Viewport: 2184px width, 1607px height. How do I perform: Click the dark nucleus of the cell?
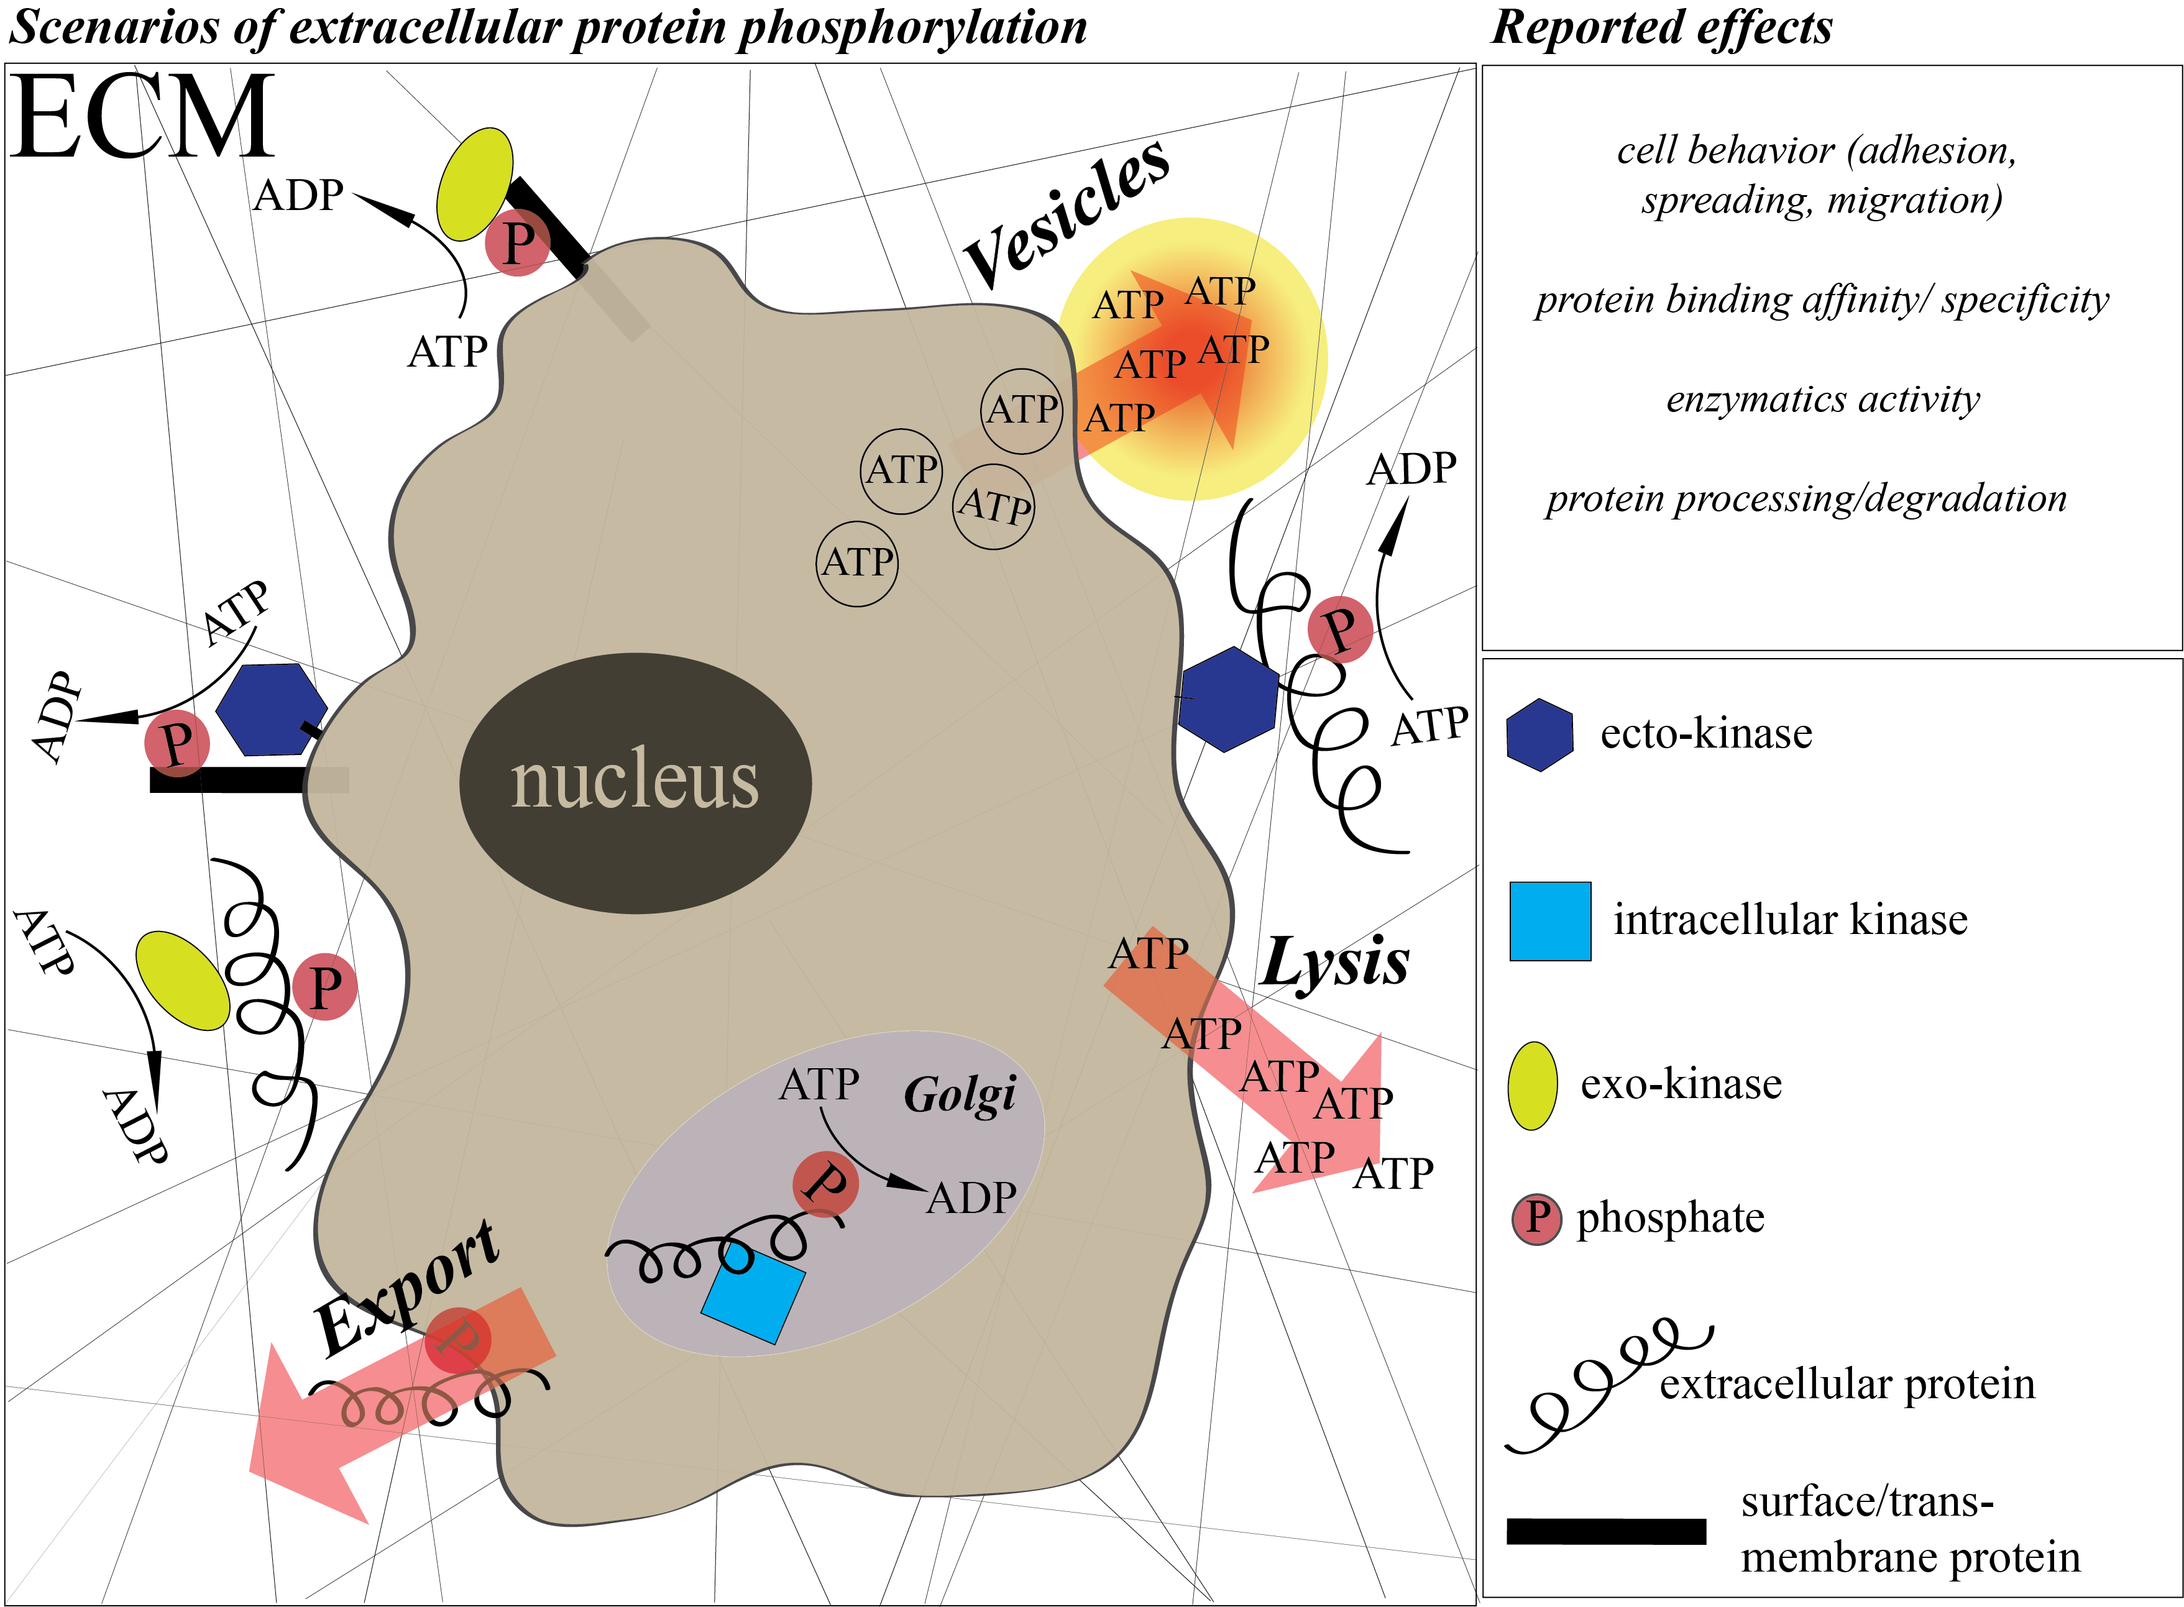(x=635, y=783)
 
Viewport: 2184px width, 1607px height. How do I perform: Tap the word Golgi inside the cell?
(x=960, y=1096)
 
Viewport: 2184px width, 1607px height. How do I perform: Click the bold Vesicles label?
(x=1067, y=213)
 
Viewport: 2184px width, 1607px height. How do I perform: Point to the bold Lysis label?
(x=1335, y=963)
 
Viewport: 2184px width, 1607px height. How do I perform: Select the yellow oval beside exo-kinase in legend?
(x=1532, y=1086)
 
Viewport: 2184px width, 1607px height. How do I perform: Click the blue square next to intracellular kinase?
(x=1549, y=921)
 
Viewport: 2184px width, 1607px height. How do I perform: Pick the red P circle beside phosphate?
(x=1537, y=1219)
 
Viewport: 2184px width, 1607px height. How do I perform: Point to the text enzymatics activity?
(x=1822, y=399)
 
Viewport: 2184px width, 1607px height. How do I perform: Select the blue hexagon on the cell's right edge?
(x=1227, y=698)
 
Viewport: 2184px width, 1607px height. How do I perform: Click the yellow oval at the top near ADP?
(x=475, y=184)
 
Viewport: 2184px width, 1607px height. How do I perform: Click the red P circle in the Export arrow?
(x=457, y=1340)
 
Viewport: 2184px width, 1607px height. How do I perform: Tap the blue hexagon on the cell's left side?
(x=272, y=710)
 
